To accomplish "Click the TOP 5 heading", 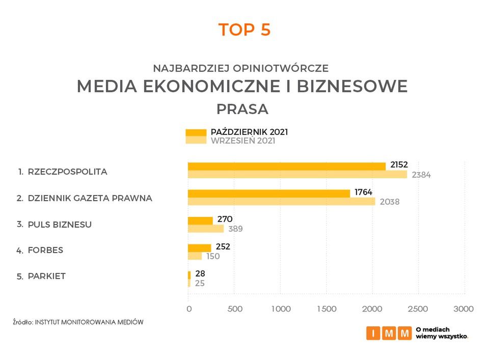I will click(244, 30).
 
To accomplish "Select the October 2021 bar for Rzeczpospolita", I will click(286, 166).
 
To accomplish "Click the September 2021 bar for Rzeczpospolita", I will click(297, 175).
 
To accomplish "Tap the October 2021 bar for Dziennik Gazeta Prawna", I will click(269, 193).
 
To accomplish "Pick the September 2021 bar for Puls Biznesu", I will click(206, 229).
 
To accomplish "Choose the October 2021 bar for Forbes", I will click(199, 247).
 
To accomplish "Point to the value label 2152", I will click(399, 165).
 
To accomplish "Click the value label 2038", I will click(388, 202).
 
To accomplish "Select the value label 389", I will click(235, 229).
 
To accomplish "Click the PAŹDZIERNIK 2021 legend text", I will click(249, 132).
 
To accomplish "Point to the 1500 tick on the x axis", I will click(327, 309).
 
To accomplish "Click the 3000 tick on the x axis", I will click(464, 309).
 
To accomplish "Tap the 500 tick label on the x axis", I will click(235, 309).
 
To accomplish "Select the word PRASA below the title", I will click(242, 109).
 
